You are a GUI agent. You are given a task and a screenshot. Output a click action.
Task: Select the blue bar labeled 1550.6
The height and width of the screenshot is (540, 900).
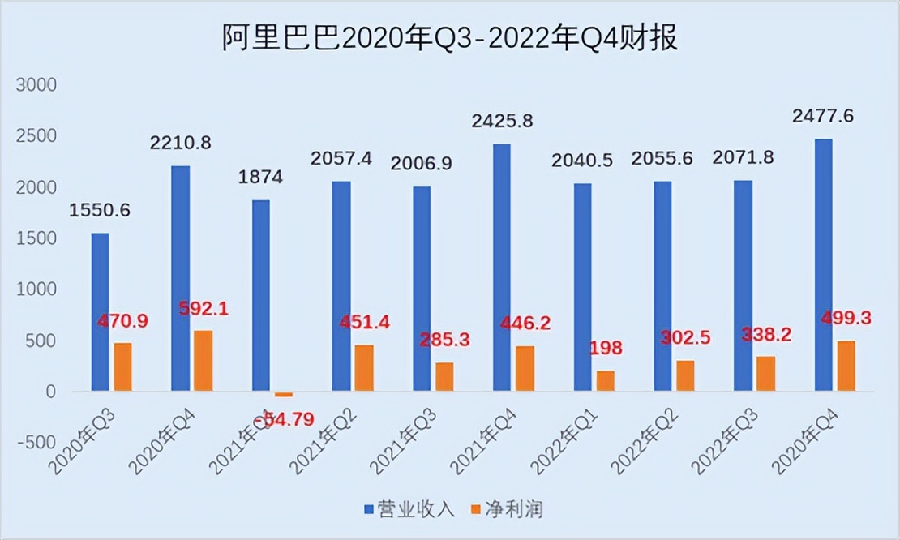coord(100,312)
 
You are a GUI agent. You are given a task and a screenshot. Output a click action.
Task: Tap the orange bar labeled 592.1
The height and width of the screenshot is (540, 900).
coord(203,361)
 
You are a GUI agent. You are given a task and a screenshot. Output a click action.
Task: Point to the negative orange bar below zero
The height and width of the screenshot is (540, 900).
coord(283,394)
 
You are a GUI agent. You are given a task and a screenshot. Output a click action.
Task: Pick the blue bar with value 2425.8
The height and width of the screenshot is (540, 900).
coord(502,268)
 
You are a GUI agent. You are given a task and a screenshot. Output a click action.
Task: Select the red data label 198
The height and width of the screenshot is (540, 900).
coord(606,349)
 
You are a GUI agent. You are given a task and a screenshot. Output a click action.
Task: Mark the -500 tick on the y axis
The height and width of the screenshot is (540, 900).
coord(34,443)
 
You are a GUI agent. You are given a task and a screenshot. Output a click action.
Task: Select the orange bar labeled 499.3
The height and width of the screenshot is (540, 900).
coord(846,366)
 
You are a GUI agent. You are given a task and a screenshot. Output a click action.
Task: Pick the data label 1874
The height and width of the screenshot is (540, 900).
coord(260,178)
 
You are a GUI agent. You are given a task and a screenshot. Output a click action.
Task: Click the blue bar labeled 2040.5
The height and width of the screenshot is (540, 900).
coord(582,288)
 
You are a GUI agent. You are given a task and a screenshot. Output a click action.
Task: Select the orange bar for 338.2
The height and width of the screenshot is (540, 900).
coord(765,374)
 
